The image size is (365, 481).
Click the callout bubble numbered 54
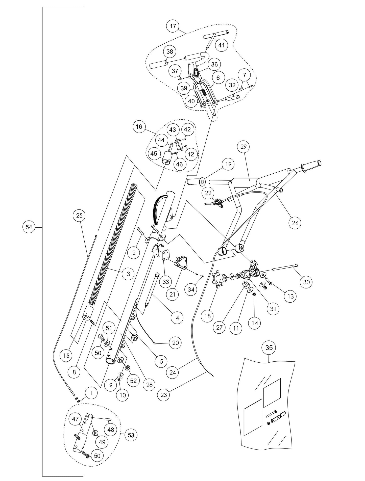click(x=29, y=227)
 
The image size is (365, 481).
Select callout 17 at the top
click(x=173, y=26)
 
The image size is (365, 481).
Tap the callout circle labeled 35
click(x=269, y=348)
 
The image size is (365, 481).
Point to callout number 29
click(x=243, y=147)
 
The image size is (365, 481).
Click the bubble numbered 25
click(x=79, y=216)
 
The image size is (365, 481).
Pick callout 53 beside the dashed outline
click(x=131, y=435)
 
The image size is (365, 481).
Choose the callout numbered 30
click(x=306, y=282)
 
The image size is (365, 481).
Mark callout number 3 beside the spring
click(x=128, y=274)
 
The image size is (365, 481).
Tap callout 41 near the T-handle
click(x=221, y=45)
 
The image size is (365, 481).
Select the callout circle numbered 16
click(x=139, y=127)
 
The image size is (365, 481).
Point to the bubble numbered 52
click(x=133, y=381)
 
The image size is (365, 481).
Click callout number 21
click(x=172, y=294)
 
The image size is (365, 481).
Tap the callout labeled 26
click(x=295, y=223)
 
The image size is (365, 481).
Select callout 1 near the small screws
click(x=91, y=393)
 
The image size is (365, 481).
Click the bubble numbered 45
click(x=154, y=154)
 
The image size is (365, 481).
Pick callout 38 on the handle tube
click(x=170, y=52)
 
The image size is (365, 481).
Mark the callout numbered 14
click(x=255, y=323)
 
